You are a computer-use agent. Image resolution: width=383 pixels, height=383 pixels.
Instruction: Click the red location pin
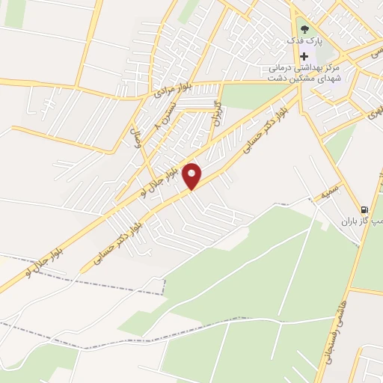click(x=193, y=177)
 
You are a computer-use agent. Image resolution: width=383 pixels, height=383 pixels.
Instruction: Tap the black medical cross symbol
click(x=304, y=57)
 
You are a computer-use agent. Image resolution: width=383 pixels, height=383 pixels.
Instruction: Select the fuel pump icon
click(x=364, y=209)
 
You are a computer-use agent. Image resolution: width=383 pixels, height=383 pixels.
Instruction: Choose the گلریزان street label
click(x=218, y=112)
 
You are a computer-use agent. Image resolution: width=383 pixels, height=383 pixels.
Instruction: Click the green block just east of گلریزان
click(x=243, y=98)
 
